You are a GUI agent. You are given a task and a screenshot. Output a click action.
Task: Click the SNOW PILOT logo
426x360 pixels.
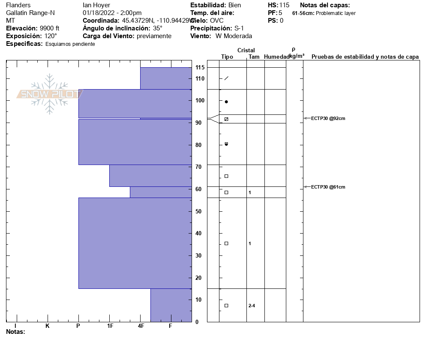(49, 94)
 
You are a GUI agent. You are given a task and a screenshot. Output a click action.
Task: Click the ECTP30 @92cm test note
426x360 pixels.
(328, 119)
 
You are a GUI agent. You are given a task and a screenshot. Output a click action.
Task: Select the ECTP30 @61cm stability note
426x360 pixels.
(328, 187)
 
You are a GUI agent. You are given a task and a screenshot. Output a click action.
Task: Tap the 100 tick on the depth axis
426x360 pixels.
(200, 101)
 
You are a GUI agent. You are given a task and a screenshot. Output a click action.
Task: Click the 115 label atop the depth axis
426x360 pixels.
(200, 68)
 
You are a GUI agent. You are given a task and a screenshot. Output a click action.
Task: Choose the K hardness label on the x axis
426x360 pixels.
(47, 326)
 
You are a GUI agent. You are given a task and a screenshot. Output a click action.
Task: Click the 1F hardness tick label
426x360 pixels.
(110, 326)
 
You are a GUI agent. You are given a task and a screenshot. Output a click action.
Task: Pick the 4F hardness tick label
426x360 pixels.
(141, 326)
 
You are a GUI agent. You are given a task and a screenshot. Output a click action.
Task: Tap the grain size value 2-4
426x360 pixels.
(252, 306)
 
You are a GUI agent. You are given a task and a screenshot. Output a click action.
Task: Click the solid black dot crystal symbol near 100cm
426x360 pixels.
(226, 102)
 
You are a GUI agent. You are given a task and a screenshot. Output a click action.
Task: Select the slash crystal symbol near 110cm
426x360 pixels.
(226, 78)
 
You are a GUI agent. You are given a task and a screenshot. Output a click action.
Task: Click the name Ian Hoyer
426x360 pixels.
(96, 5)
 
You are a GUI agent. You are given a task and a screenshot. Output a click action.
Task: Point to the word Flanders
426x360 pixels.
(18, 5)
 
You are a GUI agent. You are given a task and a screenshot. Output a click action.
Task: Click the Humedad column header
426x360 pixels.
(276, 57)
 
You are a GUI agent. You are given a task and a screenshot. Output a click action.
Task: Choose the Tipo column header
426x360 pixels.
(227, 57)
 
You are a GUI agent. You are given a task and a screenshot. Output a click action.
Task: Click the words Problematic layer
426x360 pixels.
(336, 13)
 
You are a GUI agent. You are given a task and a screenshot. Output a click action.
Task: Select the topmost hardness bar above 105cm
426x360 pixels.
(166, 78)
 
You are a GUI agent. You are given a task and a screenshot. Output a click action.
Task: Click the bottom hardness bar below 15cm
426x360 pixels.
(171, 305)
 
